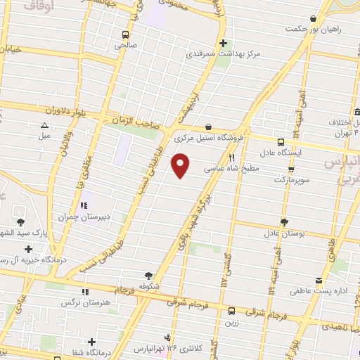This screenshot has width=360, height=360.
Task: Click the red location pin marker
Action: [x=181, y=165]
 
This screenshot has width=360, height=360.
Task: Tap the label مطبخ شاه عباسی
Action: [x=233, y=169]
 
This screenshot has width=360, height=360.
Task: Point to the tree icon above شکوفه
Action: [x=148, y=276]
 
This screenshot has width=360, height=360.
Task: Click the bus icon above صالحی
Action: [x=126, y=34]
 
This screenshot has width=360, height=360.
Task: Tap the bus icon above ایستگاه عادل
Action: [x=281, y=141]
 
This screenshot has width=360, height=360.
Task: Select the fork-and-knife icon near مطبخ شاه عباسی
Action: [x=231, y=158]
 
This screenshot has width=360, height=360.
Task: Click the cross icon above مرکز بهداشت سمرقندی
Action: [x=224, y=42]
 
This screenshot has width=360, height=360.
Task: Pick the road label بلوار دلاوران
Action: [x=70, y=112]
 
